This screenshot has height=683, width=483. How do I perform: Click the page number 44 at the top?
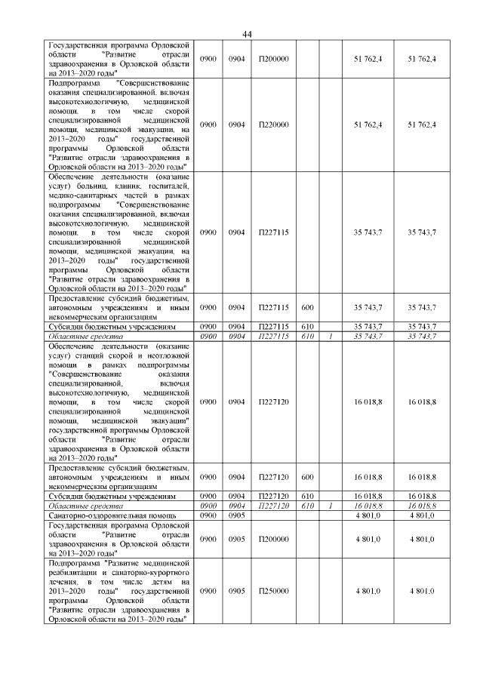[247, 34]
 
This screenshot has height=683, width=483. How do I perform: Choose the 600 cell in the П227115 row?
[307, 308]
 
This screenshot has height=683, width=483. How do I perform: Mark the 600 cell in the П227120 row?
[307, 477]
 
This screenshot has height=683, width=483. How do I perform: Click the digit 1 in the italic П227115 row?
[330, 336]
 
